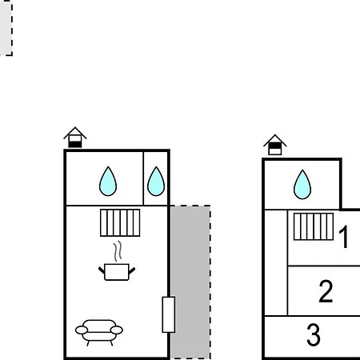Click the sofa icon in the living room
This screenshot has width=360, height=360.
[x=99, y=332]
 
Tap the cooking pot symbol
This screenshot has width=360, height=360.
[x=117, y=272]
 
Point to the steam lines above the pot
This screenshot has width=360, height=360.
[x=118, y=251]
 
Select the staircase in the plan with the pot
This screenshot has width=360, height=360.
[x=120, y=223]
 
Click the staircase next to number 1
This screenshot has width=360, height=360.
[x=314, y=226]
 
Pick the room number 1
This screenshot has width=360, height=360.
[x=344, y=237]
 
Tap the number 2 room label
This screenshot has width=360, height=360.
[x=326, y=291]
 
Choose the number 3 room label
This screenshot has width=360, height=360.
[x=314, y=334]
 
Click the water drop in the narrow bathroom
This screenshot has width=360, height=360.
[x=156, y=182]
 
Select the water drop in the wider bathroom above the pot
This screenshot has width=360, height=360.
[x=108, y=182]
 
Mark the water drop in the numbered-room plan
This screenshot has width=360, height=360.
[x=302, y=185]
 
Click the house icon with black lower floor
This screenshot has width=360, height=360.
[x=75, y=138]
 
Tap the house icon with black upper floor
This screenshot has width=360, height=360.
[x=275, y=145]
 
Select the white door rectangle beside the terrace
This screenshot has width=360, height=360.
[x=169, y=314]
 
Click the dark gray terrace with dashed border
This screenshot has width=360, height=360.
[x=190, y=282]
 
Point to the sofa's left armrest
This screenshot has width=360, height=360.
[x=82, y=330]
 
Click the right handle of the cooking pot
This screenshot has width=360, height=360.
[x=132, y=270]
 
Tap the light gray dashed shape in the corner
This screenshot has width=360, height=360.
[x=6, y=28]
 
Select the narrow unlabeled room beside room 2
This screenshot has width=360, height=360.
[x=276, y=262]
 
